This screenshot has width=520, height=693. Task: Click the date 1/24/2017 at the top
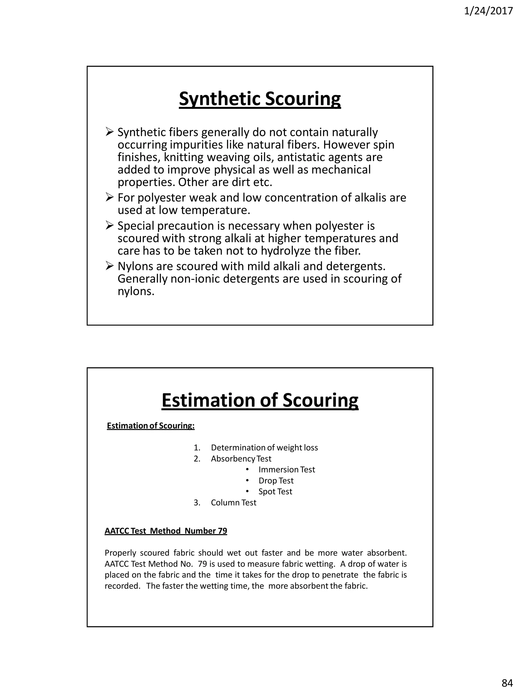(488, 11)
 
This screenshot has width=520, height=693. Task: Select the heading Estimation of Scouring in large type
(260, 400)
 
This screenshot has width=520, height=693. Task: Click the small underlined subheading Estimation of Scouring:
(151, 426)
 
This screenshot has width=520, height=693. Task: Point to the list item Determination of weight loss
(264, 448)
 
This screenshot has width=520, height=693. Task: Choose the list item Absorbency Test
(241, 459)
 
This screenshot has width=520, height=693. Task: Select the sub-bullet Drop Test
(276, 481)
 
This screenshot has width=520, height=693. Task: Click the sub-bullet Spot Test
(275, 492)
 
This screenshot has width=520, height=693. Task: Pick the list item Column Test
(234, 502)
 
